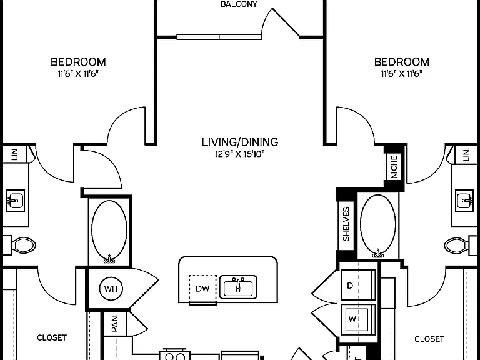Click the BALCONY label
point(239,4)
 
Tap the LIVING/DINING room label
point(240,142)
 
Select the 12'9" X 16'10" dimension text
point(240,154)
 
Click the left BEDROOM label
point(78,62)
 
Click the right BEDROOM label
point(402,62)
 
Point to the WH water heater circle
point(111,289)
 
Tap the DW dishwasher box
point(202,289)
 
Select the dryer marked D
point(359,285)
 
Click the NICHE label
point(394,167)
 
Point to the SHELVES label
point(346,224)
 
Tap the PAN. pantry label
point(115,324)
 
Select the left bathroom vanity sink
point(15,201)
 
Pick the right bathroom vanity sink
point(465,201)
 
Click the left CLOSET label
point(52,337)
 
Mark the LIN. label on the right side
point(466,154)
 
